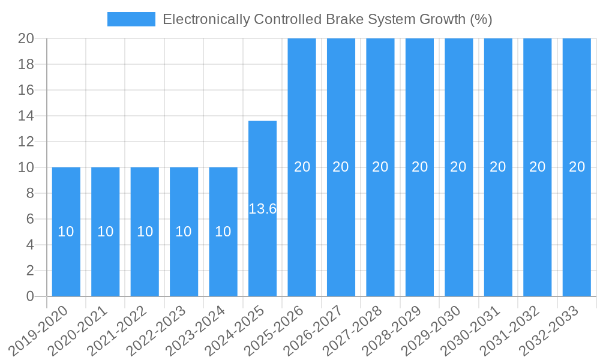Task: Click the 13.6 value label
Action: point(263,209)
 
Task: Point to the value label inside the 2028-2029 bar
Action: point(419,167)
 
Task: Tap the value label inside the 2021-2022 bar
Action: point(145,232)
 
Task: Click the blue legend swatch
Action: point(131,19)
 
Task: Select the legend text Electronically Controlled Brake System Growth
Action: point(327,19)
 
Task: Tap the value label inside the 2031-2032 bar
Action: point(537,167)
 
